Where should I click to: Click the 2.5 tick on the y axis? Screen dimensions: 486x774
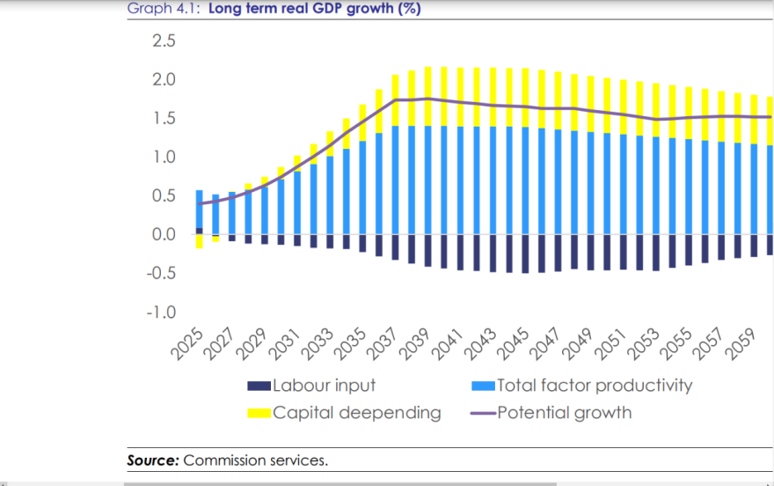point(164,41)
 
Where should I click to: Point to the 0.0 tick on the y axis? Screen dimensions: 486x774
point(164,235)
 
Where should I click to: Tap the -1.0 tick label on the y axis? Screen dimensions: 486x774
point(161,313)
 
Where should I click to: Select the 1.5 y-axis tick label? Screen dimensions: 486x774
point(164,119)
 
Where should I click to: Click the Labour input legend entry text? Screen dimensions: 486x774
point(324,386)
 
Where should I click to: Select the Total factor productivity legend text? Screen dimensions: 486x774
point(595,386)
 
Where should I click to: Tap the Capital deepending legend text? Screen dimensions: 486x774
point(356,413)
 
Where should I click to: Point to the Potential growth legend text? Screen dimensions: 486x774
point(564,413)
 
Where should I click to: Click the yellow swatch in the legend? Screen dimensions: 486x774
point(259,413)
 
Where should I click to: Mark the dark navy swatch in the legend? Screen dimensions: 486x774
point(259,386)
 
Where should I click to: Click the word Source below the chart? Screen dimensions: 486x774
point(153,460)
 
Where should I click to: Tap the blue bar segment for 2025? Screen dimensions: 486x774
point(199,209)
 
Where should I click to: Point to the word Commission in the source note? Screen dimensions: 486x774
point(223,460)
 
